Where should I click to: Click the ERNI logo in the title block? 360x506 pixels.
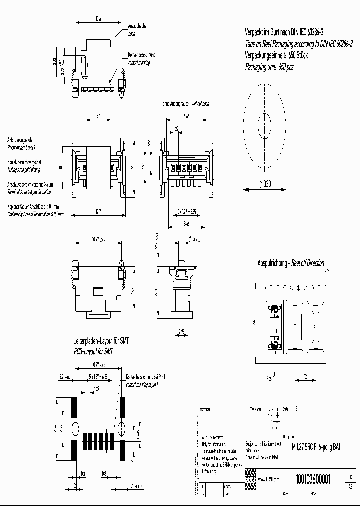249,479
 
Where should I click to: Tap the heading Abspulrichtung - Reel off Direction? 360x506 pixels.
290,263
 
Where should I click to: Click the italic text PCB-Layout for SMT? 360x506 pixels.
93,351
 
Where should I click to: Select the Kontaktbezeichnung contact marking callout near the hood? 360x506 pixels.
141,59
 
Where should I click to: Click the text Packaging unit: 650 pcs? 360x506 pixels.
269,66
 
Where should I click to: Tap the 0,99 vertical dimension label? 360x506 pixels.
148,146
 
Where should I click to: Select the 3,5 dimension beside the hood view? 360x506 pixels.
55,62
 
